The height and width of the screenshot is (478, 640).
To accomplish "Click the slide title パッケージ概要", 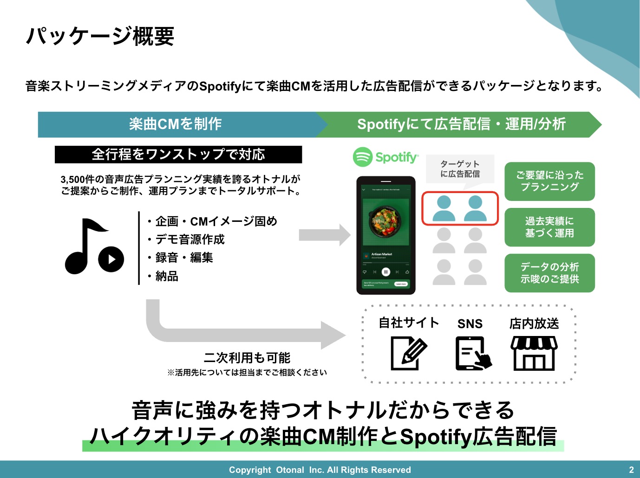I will [100, 36].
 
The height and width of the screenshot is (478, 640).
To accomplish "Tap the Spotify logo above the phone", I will [385, 157].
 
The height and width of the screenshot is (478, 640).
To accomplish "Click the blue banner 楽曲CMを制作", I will [176, 124].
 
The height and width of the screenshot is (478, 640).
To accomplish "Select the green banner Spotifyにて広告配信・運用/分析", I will [461, 124].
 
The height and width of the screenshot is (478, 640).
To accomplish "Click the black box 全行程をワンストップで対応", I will [178, 155].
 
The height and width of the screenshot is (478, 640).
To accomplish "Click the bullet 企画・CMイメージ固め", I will [213, 221].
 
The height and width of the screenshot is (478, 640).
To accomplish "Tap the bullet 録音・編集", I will [181, 258].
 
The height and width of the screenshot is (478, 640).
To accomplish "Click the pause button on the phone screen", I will [385, 272].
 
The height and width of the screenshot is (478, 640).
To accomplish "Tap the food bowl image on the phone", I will [385, 220].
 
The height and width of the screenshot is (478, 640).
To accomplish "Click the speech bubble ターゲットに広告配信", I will [460, 169].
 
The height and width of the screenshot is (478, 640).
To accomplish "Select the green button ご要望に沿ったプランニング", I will [549, 181].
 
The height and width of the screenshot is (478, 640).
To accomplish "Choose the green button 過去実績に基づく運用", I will [549, 227].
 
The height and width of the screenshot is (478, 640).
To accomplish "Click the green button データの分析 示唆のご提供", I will [549, 273].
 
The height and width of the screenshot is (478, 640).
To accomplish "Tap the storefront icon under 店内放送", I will [534, 353].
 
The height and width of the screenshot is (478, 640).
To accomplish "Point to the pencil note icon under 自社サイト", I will [408, 353].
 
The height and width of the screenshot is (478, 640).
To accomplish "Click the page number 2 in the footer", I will [631, 470].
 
